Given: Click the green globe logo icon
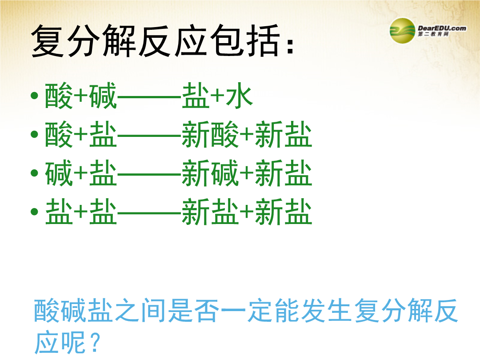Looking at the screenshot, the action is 402,31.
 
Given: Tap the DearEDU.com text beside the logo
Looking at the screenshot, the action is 442,28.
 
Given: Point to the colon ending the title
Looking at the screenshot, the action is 290,46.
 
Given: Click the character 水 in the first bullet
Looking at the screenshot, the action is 239,96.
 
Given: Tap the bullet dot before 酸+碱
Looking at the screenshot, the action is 34,96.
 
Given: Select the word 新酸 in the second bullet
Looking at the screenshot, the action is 210,134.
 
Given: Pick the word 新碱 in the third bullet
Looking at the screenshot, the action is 210,173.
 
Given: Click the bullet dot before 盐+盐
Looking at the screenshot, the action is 34,212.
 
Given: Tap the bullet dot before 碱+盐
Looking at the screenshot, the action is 34,173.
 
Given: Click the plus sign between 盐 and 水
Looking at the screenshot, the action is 217,96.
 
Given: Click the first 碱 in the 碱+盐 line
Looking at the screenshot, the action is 59,173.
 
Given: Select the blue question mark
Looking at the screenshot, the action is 96,342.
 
